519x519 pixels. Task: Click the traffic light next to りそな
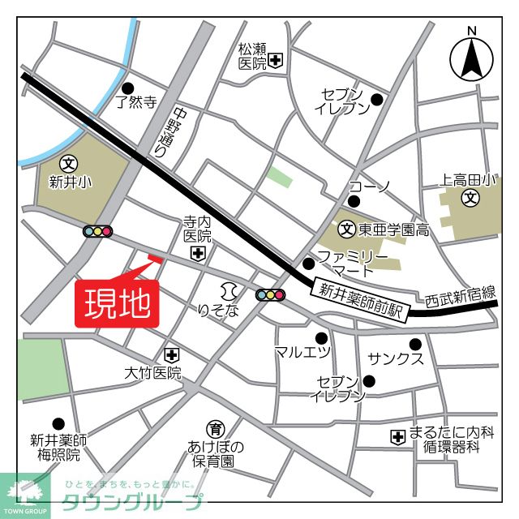[x=271, y=294]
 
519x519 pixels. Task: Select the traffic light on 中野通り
[x=97, y=231]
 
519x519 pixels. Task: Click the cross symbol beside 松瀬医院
[x=277, y=60]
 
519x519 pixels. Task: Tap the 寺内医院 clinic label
[x=197, y=229]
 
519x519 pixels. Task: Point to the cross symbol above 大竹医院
[x=171, y=354]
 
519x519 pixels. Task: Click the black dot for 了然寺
[x=127, y=88]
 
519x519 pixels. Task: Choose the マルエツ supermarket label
[x=302, y=352]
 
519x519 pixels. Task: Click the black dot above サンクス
[x=415, y=344]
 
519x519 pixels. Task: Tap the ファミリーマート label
[x=345, y=263]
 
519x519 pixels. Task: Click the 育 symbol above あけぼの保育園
[x=216, y=429]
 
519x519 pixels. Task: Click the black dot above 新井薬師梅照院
[x=58, y=423]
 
